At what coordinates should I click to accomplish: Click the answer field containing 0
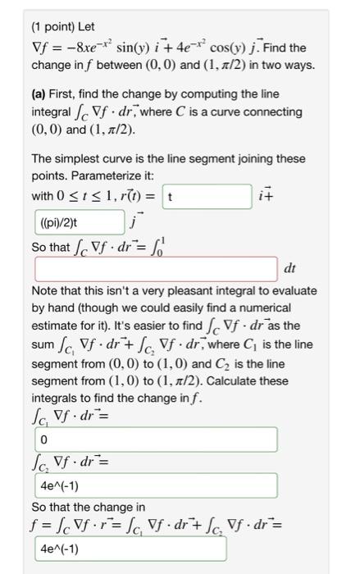(131, 441)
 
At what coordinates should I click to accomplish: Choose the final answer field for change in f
(131, 548)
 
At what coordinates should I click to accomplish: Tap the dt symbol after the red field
(289, 267)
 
